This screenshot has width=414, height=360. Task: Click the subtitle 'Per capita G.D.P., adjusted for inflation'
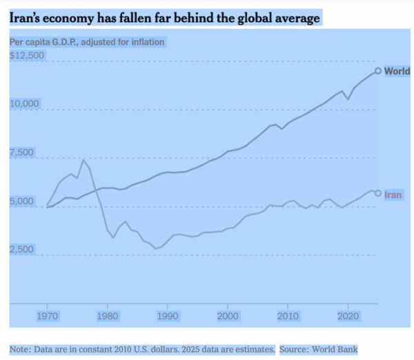coord(87,42)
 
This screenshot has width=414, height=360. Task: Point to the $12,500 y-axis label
coord(27,55)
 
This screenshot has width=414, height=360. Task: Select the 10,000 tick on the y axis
coord(26,104)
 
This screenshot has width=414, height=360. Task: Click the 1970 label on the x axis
coord(47,316)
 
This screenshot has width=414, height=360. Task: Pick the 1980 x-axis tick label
coord(107,316)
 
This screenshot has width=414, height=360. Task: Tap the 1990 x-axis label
coord(168,316)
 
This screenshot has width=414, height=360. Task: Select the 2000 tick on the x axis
coord(228,316)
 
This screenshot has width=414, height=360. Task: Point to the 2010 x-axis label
coord(288,316)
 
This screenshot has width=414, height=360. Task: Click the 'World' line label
coord(397,71)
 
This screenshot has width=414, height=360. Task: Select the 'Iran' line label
coord(393,194)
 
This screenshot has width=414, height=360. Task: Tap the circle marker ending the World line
coord(378,70)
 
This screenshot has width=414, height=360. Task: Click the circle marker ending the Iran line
coord(378,193)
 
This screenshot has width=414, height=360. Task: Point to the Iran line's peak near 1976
coord(83,160)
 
